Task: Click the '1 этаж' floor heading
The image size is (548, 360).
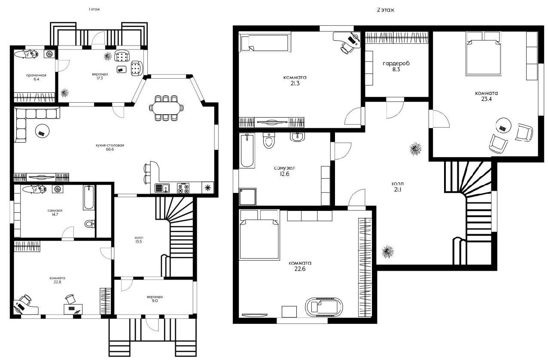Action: click(94, 9)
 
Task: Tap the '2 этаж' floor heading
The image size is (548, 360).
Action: click(385, 10)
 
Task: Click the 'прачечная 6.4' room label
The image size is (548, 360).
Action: click(37, 77)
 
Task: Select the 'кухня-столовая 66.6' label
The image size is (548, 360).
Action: click(110, 147)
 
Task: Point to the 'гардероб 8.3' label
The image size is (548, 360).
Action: click(396, 66)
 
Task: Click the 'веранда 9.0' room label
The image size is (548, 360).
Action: click(155, 299)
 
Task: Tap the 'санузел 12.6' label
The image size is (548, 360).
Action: click(284, 171)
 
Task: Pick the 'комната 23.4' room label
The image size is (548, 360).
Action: click(486, 96)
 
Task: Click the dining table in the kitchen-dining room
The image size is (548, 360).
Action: click(166, 108)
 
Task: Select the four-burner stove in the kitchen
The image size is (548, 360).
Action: click(183, 188)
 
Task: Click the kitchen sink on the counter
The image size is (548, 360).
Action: click(162, 188)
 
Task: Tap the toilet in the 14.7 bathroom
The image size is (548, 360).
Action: click(90, 224)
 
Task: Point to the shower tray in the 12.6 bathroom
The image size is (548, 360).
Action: click(247, 196)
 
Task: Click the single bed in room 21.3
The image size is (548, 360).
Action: click(265, 43)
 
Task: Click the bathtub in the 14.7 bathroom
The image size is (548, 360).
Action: click(88, 198)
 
